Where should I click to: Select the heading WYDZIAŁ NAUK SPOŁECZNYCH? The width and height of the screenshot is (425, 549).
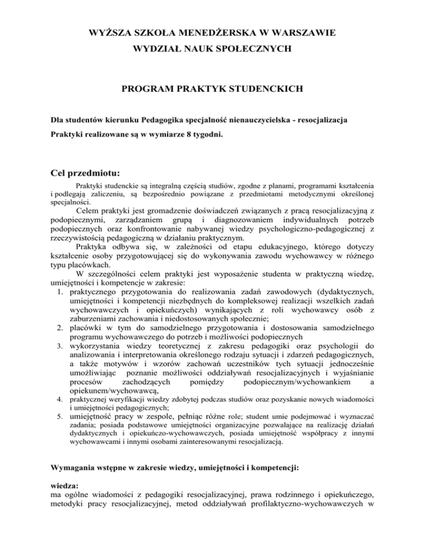click(212, 50)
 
